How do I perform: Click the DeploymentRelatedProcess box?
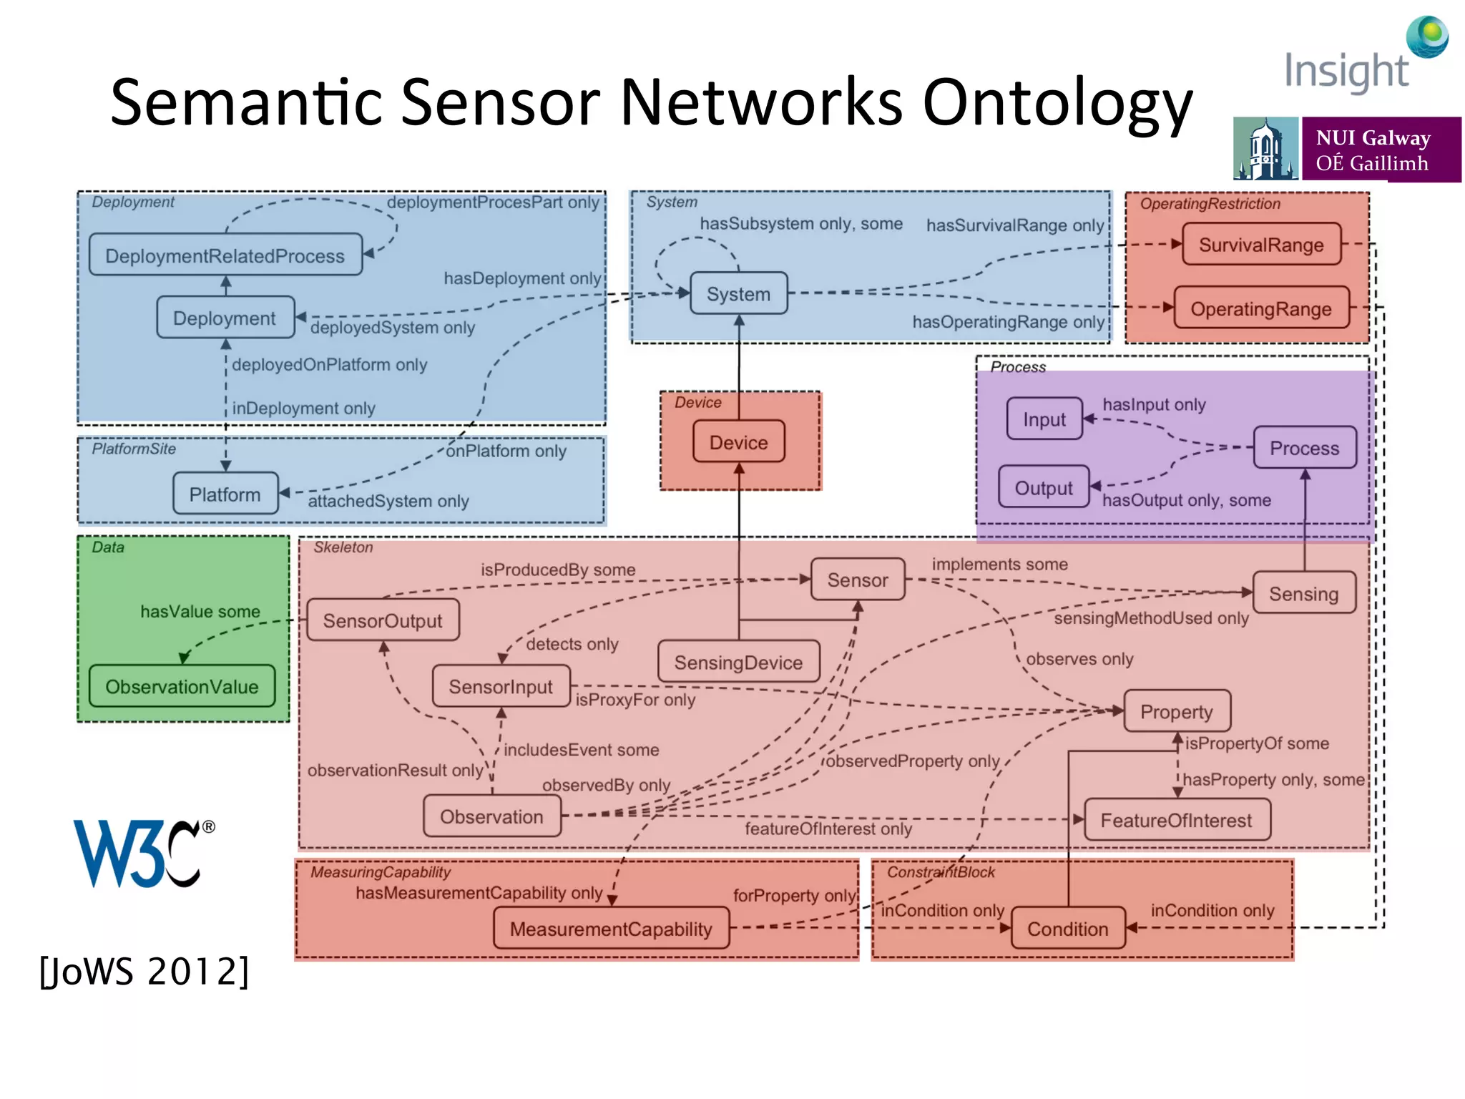coord(225,255)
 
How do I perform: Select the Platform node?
coord(225,494)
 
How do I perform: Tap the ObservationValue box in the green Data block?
coord(182,686)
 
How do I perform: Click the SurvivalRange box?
coord(1260,245)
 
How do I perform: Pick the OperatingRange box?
coord(1260,308)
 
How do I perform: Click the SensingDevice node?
coord(738,662)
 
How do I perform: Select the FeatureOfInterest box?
coord(1176,820)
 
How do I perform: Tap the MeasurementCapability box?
coord(611,929)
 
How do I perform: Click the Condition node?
coord(1067,929)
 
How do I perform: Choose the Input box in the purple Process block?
coord(1044,419)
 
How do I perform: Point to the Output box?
coord(1043,488)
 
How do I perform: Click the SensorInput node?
coord(501,686)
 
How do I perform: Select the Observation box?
coord(491,816)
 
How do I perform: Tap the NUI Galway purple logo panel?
coord(1379,150)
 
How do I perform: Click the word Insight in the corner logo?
coord(1346,72)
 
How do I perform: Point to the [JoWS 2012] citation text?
coord(144,972)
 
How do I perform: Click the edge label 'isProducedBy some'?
coord(558,570)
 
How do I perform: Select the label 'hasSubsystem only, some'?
coord(801,223)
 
